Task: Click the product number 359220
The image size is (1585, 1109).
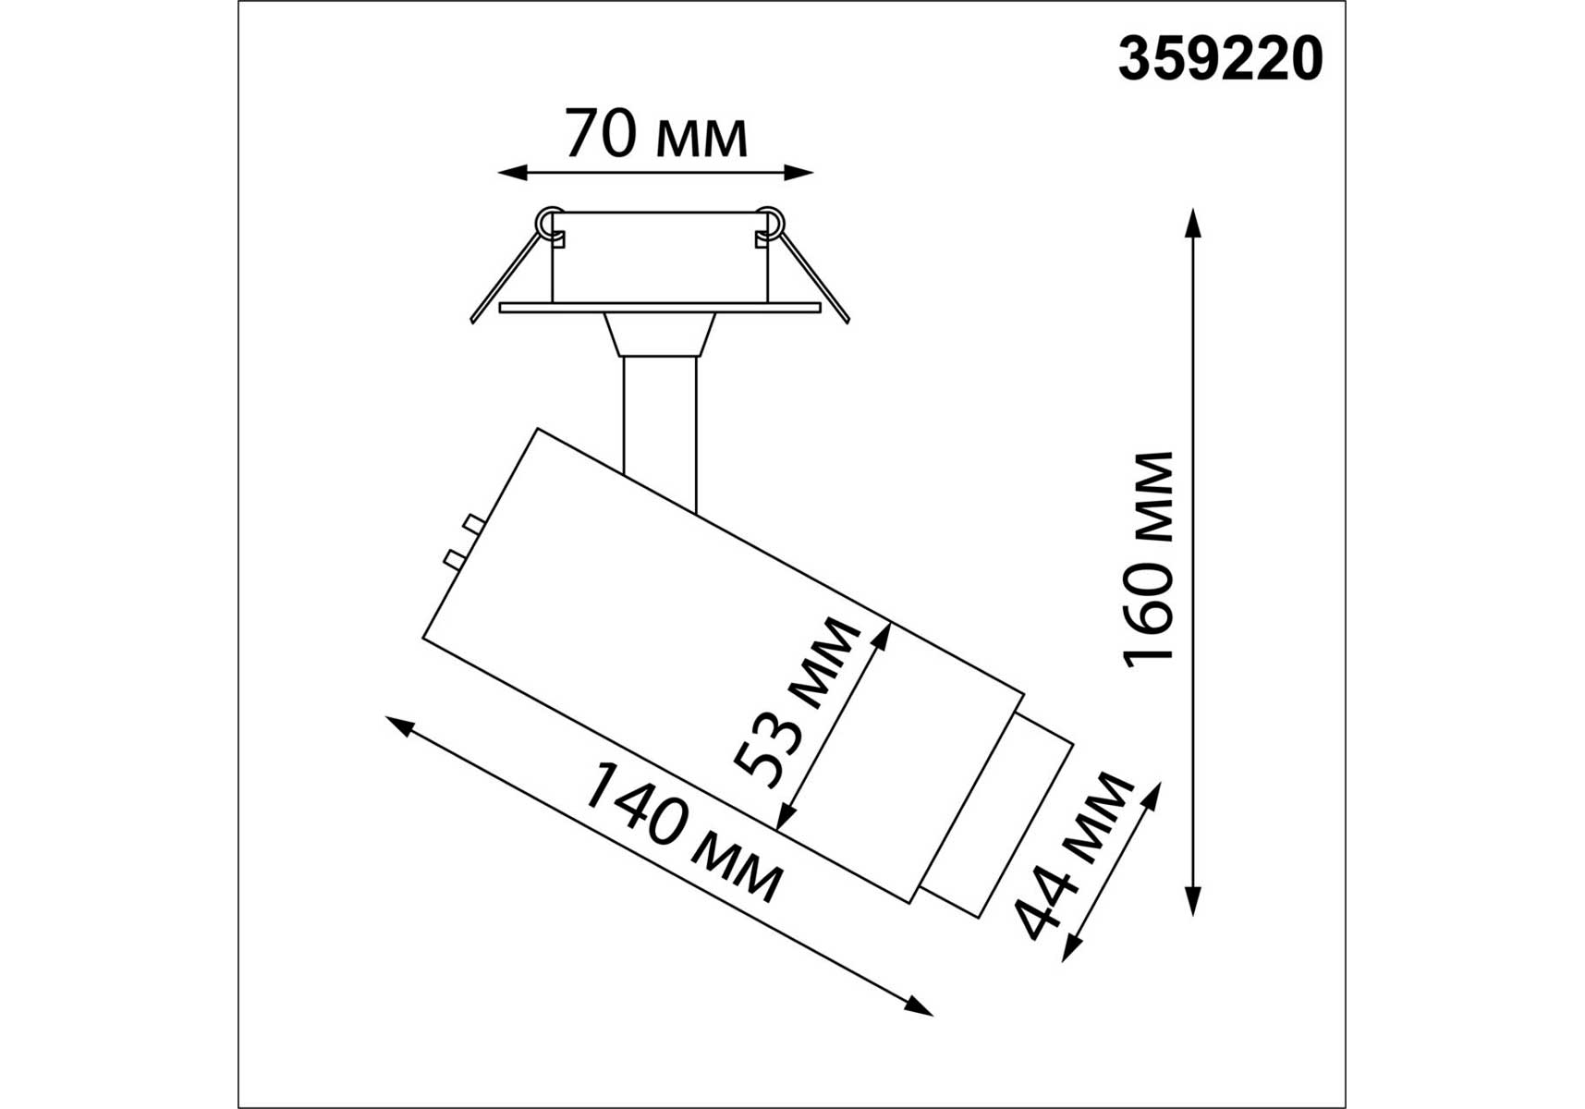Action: click(x=1220, y=59)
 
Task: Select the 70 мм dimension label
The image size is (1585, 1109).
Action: click(x=655, y=135)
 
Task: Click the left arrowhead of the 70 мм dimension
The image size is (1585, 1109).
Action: click(x=512, y=172)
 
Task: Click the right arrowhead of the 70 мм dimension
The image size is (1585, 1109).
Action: click(x=799, y=172)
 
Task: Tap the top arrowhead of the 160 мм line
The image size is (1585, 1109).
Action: click(x=1193, y=225)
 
